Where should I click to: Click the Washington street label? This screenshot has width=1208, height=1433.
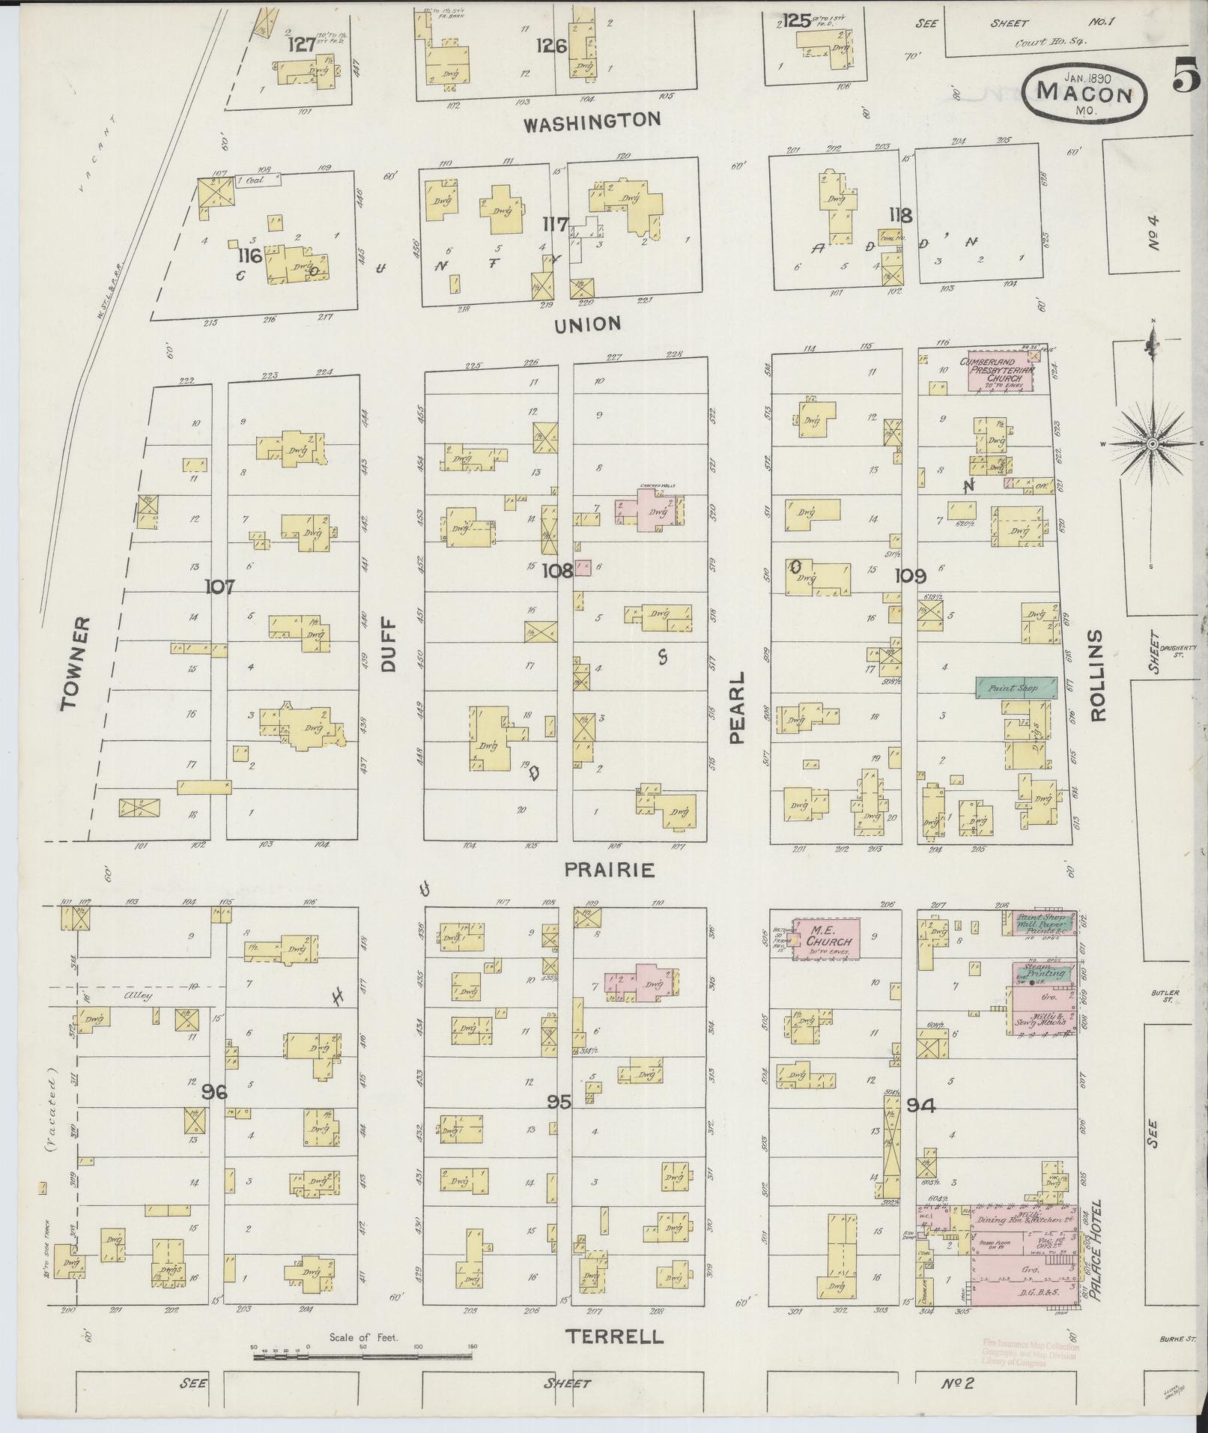coord(592,121)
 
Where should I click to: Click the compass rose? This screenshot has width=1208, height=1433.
coord(1152,445)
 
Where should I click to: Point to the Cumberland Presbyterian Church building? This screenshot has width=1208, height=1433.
coord(999,371)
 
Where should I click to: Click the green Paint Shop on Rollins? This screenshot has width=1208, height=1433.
coord(1016,688)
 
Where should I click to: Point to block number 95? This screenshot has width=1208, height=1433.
coord(559,1103)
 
